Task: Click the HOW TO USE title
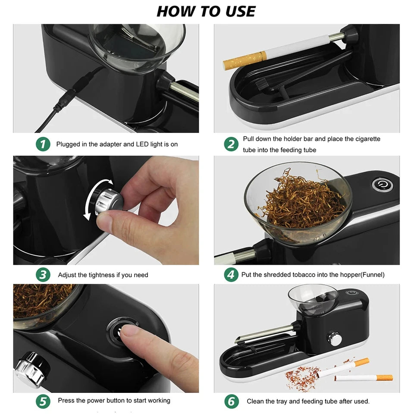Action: (x=206, y=11)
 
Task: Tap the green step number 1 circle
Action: (x=43, y=144)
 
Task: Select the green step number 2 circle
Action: (x=231, y=144)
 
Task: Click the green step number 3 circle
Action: (x=43, y=275)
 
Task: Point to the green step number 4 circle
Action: (x=231, y=275)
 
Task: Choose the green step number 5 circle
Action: (x=43, y=401)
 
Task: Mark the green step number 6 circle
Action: (x=231, y=401)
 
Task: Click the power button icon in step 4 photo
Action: (x=382, y=185)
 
